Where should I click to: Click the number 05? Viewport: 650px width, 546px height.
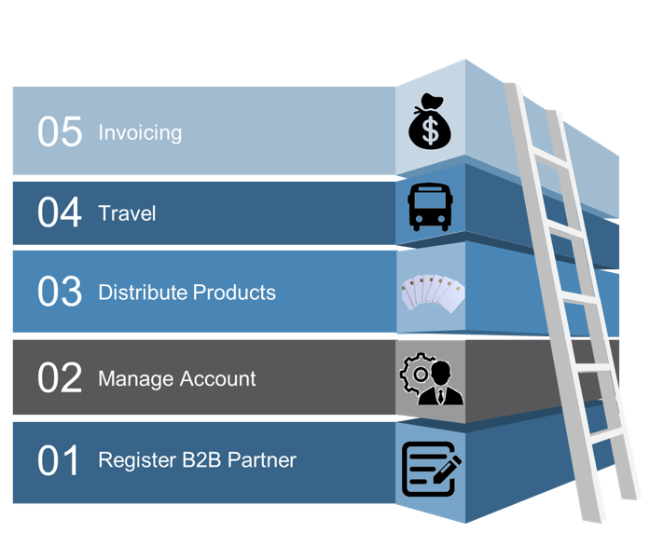[x=60, y=132]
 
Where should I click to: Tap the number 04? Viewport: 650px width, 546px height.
[x=60, y=213]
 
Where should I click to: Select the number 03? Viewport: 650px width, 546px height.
[x=60, y=293]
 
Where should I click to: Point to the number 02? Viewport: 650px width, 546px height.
[x=60, y=379]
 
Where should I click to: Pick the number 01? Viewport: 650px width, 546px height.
[x=60, y=460]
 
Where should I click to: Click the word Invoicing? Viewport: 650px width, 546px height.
[x=140, y=132]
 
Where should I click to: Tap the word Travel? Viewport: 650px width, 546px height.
[x=127, y=213]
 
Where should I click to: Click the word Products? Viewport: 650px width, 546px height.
[x=233, y=293]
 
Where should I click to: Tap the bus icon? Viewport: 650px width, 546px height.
[x=430, y=206]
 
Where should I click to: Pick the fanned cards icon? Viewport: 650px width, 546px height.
[x=431, y=293]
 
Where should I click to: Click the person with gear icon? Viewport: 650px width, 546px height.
[x=431, y=378]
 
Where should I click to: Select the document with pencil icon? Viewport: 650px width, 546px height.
[x=431, y=468]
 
